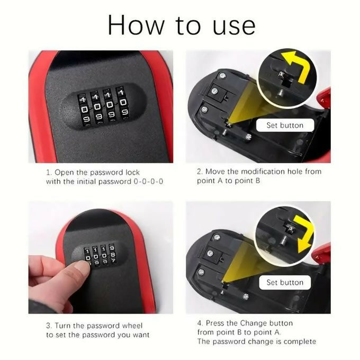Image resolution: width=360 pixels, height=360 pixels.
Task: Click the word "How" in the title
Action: click(x=133, y=24)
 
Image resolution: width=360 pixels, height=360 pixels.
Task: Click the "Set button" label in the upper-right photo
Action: click(x=285, y=125)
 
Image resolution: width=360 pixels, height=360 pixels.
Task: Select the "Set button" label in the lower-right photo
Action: click(x=285, y=282)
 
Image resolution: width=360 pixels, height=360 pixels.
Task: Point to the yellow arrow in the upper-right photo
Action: click(x=296, y=66)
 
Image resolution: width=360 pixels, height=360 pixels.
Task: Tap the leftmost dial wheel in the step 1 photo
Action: click(x=83, y=107)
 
